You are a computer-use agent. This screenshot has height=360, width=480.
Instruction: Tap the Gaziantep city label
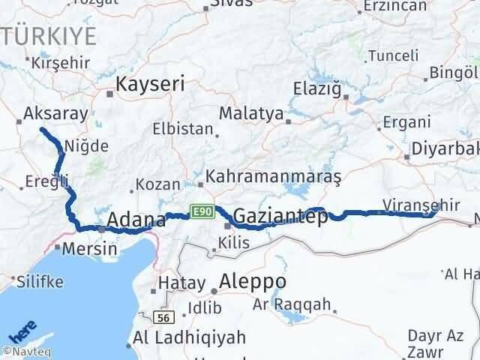280,217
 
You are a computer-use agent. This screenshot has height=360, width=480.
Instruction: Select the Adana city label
136,220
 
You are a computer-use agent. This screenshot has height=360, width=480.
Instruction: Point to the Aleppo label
248,281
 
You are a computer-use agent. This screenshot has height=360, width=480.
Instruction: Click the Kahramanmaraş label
273,177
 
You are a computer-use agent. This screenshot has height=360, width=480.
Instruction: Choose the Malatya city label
251,114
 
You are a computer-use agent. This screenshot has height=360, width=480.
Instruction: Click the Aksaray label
56,113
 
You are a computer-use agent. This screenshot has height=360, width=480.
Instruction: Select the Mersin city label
90,248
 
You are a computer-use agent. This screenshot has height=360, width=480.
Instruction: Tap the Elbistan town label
182,128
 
